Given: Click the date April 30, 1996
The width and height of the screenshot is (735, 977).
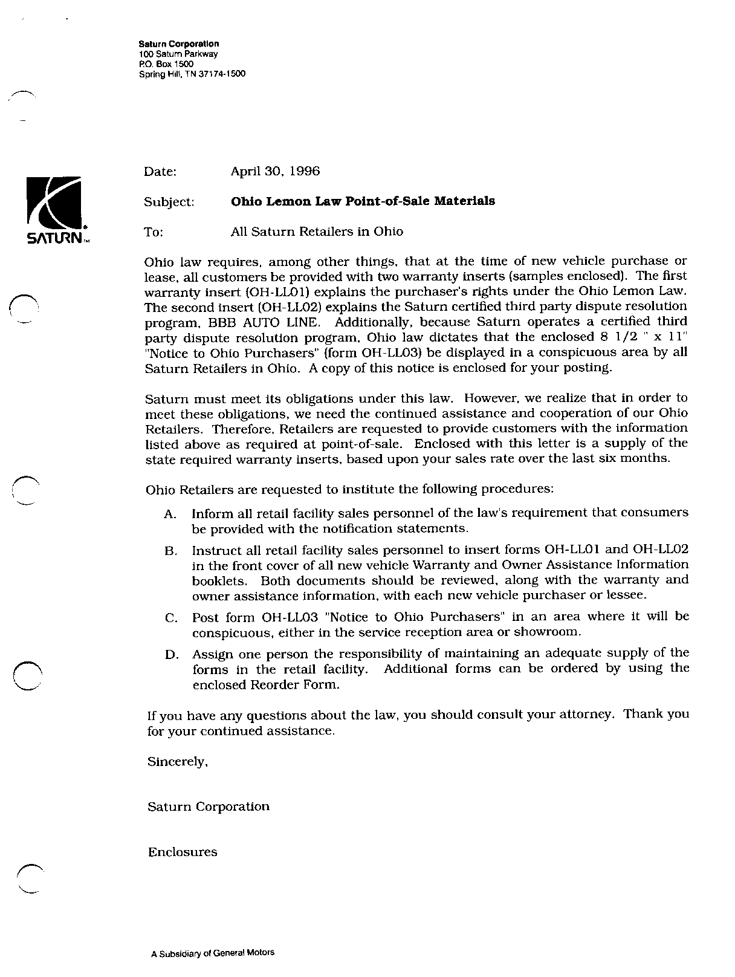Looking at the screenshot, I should pyautogui.click(x=275, y=171).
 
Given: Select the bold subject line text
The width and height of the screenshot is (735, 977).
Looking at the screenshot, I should pyautogui.click(x=363, y=201).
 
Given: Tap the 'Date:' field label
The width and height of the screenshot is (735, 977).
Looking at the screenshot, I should pyautogui.click(x=160, y=172).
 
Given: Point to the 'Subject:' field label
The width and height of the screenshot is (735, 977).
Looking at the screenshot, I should pyautogui.click(x=169, y=202).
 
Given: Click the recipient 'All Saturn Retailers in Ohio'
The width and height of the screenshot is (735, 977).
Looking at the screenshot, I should pyautogui.click(x=317, y=232).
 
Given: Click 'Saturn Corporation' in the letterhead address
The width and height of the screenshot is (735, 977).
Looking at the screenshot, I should pyautogui.click(x=179, y=44).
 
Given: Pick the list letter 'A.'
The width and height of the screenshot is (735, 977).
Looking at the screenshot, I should pyautogui.click(x=170, y=514).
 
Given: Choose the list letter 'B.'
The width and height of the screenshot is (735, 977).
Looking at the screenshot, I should pyautogui.click(x=170, y=551).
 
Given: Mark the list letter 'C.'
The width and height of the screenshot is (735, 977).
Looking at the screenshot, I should pyautogui.click(x=170, y=618).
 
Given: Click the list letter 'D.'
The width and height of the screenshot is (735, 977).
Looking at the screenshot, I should pyautogui.click(x=170, y=655).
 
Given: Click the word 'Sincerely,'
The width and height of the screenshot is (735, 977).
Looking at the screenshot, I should pyautogui.click(x=178, y=762).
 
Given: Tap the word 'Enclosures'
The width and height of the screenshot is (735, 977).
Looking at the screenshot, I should pyautogui.click(x=183, y=852).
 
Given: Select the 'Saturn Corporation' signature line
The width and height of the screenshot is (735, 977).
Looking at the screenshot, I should pyautogui.click(x=209, y=807).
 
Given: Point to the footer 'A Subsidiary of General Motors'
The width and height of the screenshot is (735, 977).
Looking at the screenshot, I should pyautogui.click(x=212, y=953).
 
